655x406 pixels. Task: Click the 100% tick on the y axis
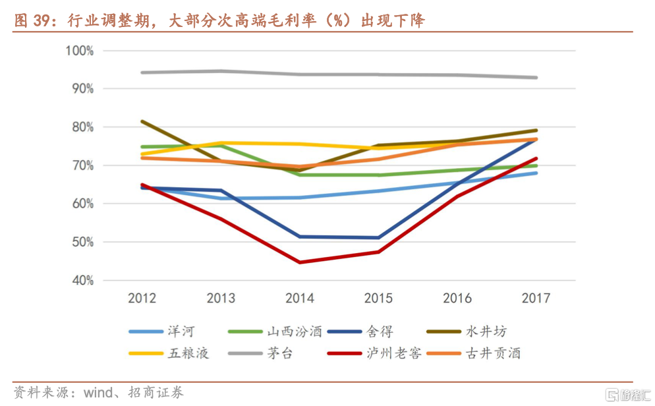tap(80, 51)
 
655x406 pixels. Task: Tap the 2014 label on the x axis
tap(300, 299)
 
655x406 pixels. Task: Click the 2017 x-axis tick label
tap(536, 299)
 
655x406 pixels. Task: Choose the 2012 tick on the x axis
tap(142, 299)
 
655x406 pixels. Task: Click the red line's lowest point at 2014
tap(300, 262)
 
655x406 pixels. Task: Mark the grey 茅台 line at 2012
tap(142, 72)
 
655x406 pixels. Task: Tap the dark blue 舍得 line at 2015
tap(378, 238)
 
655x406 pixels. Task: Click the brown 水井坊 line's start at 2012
tap(142, 121)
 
